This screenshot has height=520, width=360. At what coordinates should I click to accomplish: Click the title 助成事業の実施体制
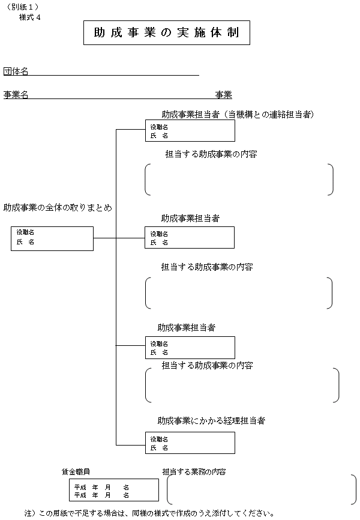click(x=166, y=34)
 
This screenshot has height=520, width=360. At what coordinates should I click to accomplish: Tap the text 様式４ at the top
click(x=30, y=17)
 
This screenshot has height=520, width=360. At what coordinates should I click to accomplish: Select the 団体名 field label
click(x=16, y=71)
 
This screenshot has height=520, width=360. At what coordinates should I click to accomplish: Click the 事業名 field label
click(x=16, y=95)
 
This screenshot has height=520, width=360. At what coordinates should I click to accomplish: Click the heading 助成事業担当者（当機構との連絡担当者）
click(x=238, y=114)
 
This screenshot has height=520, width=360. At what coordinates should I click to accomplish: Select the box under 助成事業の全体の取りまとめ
click(x=52, y=238)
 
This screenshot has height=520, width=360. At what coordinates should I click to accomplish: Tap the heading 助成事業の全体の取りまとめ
click(x=58, y=208)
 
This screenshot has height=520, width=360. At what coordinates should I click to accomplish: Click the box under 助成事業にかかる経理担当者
click(x=190, y=443)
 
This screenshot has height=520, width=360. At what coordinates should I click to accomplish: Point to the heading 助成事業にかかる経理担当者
click(x=211, y=420)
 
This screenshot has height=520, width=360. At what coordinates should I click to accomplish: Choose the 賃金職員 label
click(x=76, y=472)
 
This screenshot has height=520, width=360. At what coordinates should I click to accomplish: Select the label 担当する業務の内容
click(x=194, y=472)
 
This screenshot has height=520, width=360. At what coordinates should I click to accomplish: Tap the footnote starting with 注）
click(x=149, y=513)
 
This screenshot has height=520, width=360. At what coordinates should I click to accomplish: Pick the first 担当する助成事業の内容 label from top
click(x=211, y=154)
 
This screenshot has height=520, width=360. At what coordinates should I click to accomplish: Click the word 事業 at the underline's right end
click(x=224, y=95)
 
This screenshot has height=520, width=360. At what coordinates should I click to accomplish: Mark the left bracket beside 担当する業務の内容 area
click(x=170, y=491)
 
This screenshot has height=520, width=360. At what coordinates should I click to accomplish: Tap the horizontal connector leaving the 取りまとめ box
click(x=104, y=238)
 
